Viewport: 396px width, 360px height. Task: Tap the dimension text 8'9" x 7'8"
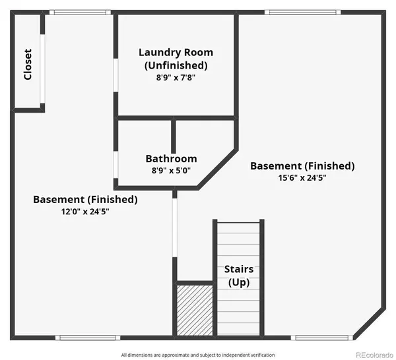tap(176, 77)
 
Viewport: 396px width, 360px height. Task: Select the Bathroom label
tap(171, 159)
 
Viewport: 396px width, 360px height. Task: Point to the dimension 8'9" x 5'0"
tap(171, 171)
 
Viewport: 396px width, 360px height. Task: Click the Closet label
tap(28, 64)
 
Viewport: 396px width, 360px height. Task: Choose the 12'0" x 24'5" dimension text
tap(85, 212)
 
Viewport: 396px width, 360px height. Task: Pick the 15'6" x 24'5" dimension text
tap(302, 177)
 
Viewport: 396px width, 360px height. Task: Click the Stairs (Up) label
tap(238, 276)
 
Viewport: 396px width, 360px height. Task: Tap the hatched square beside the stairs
tap(195, 309)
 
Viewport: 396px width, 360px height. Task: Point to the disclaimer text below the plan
tap(197, 355)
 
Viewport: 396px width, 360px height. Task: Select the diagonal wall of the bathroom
tap(217, 169)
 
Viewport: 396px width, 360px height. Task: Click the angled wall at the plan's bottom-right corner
tap(368, 324)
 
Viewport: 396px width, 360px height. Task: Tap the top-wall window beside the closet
tap(79, 12)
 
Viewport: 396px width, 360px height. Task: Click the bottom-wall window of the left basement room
tap(88, 338)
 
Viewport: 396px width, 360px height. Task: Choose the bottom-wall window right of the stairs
tap(320, 338)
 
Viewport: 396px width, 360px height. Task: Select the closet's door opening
tap(43, 69)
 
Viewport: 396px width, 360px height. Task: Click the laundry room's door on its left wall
tap(115, 75)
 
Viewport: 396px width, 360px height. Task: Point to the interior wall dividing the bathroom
tap(174, 136)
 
